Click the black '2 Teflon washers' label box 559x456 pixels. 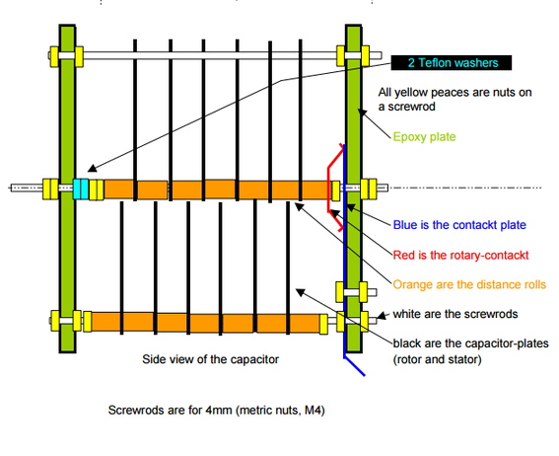452,63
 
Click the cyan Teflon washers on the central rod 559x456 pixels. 81,189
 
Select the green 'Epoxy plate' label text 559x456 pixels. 424,137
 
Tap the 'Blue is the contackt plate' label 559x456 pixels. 459,225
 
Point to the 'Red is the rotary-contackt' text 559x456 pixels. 460,255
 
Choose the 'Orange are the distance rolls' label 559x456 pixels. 469,284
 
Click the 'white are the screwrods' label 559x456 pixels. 455,314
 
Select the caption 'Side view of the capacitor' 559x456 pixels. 210,359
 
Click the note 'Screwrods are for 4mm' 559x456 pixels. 216,411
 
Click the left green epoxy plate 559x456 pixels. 67,189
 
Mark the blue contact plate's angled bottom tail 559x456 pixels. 355,366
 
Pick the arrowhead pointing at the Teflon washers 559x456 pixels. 93,168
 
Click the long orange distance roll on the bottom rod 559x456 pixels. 205,323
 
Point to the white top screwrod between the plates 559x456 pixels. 210,55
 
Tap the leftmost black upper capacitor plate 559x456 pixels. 135,119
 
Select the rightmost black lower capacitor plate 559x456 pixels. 288,267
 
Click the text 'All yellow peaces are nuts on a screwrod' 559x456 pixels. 454,100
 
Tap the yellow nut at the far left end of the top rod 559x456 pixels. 54,56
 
